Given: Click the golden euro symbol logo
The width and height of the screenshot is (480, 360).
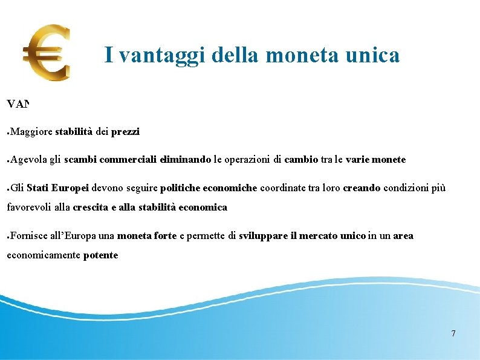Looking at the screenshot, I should [47, 53].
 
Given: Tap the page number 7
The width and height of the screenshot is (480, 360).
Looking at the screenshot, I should [453, 333].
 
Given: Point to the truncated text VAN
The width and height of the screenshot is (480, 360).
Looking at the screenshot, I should [18, 104].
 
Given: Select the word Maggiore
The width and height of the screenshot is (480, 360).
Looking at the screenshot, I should [31, 131].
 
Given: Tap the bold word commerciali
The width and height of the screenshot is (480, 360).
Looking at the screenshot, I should [129, 160].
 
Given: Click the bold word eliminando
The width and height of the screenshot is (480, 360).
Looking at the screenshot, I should [186, 160].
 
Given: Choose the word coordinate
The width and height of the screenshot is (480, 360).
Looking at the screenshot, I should [284, 188].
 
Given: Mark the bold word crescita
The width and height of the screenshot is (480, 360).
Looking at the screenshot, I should [89, 208].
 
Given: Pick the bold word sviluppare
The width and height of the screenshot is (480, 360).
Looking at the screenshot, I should [263, 236].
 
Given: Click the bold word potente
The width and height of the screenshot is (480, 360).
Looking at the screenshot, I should [101, 255].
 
